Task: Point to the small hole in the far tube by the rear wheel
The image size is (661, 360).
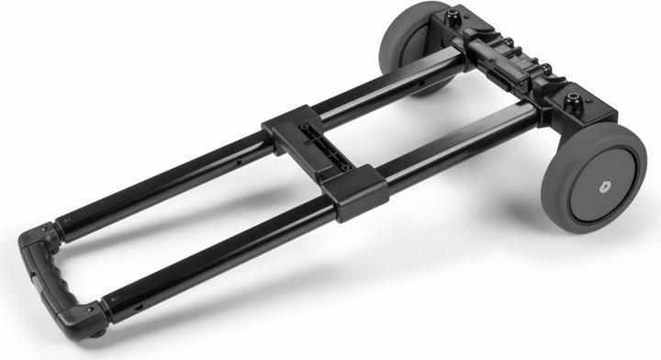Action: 420,79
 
